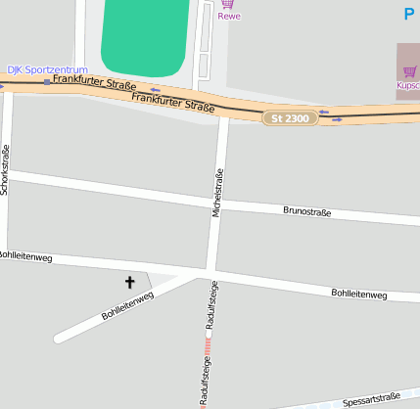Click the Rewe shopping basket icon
click(228, 4)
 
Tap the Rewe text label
click(229, 17)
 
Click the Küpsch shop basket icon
click(409, 71)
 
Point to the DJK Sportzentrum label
click(47, 70)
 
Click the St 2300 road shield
click(290, 117)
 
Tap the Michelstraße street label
click(216, 191)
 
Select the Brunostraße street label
click(306, 211)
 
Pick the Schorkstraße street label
click(5, 169)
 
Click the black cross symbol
click(129, 283)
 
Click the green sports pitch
click(145, 39)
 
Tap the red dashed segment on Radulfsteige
click(208, 341)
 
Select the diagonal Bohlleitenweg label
click(127, 306)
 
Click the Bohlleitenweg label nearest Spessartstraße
click(358, 294)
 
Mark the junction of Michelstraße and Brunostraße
click(218, 202)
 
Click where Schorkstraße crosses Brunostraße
click(7, 174)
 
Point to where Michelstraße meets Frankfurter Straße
click(224, 112)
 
